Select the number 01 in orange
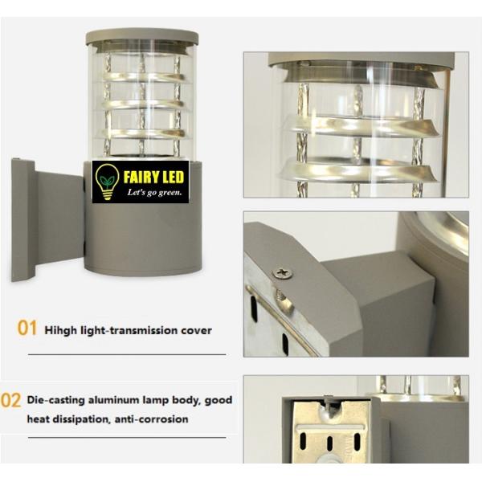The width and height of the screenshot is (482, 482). point(28,329)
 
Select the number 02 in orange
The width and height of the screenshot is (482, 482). point(11,400)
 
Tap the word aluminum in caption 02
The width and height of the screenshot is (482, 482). point(113,399)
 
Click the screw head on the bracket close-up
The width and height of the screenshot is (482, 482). point(281,273)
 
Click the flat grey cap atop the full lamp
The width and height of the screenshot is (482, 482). point(142,36)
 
